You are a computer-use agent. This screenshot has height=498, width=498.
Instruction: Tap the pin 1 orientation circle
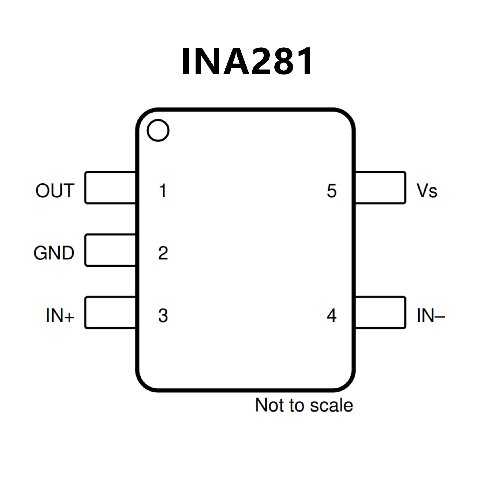(158, 130)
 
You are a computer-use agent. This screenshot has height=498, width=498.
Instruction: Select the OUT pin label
(55, 191)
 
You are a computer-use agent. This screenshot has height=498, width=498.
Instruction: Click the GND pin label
(54, 253)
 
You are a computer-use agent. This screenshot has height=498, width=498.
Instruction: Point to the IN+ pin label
(60, 315)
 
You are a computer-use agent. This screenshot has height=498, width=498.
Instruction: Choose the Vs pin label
(427, 191)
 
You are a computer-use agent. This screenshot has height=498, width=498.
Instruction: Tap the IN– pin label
(431, 315)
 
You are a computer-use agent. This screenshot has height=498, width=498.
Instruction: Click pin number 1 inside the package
(163, 191)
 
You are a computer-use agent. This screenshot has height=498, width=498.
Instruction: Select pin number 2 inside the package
(163, 253)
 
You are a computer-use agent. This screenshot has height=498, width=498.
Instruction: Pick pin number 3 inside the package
(163, 315)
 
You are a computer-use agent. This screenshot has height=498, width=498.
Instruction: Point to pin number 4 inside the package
(332, 315)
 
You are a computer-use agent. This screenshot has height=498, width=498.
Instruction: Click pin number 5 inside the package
(332, 191)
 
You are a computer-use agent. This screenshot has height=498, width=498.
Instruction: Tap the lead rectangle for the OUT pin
(110, 188)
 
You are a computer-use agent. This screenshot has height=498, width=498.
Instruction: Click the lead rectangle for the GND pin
(110, 250)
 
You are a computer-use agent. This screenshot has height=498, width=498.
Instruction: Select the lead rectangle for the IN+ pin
(110, 313)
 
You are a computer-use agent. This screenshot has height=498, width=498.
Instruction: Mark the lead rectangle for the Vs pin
(380, 188)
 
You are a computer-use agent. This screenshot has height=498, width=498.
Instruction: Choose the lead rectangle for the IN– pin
(380, 313)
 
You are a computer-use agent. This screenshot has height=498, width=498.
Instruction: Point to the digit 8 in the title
(281, 62)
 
